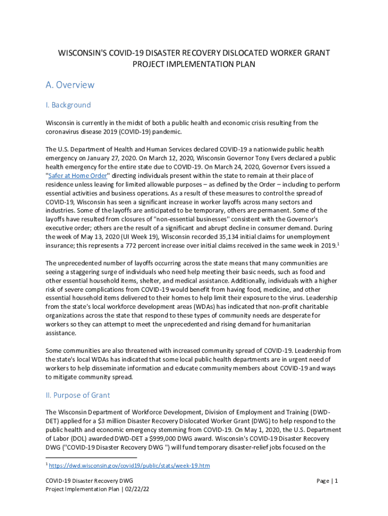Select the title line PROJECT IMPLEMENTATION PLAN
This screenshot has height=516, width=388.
(x=193, y=64)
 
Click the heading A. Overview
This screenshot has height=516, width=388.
(x=70, y=85)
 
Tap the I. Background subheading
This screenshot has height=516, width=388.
(x=68, y=105)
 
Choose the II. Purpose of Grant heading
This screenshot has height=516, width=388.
(x=78, y=395)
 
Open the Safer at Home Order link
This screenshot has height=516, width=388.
(x=78, y=176)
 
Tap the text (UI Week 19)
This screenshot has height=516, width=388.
(x=135, y=237)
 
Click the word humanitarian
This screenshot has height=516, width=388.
(x=285, y=325)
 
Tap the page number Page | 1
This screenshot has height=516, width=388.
(x=328, y=481)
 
